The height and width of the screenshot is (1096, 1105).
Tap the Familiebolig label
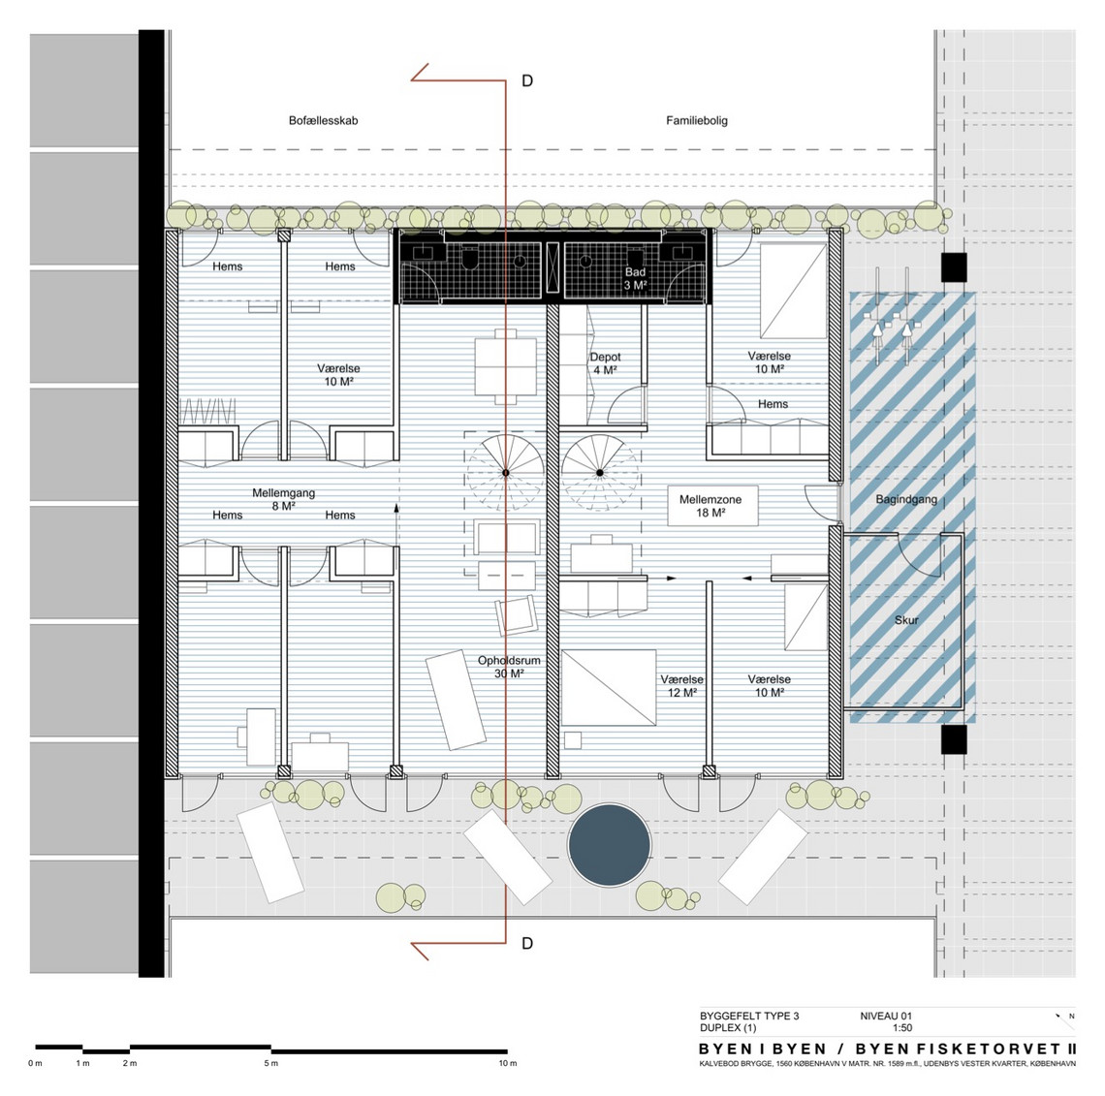click(x=697, y=120)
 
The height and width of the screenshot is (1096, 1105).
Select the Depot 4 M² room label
click(x=606, y=363)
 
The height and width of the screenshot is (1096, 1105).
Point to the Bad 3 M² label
click(x=635, y=278)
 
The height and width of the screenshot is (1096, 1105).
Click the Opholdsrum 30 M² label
click(x=509, y=667)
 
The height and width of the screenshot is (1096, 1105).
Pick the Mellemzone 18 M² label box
click(x=712, y=506)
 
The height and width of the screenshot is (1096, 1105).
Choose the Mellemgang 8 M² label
click(x=283, y=499)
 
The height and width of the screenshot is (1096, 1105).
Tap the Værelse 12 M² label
click(x=681, y=686)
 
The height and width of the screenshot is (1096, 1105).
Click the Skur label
click(x=906, y=620)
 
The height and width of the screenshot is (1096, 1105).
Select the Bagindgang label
click(x=906, y=499)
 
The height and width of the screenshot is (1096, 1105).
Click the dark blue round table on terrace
click(x=609, y=845)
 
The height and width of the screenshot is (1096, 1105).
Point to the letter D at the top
click(x=527, y=81)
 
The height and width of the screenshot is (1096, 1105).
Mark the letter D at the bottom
click(x=527, y=943)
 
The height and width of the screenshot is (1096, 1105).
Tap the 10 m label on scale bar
click(x=508, y=1063)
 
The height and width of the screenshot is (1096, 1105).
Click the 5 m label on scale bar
click(x=271, y=1063)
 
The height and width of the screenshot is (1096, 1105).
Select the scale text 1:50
click(x=902, y=1027)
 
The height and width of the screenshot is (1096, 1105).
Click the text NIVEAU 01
click(x=886, y=1016)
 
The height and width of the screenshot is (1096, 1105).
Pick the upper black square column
click(x=954, y=267)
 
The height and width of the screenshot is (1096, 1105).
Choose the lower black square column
click(x=954, y=739)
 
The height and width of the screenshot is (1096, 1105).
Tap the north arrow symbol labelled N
click(x=1064, y=1017)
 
